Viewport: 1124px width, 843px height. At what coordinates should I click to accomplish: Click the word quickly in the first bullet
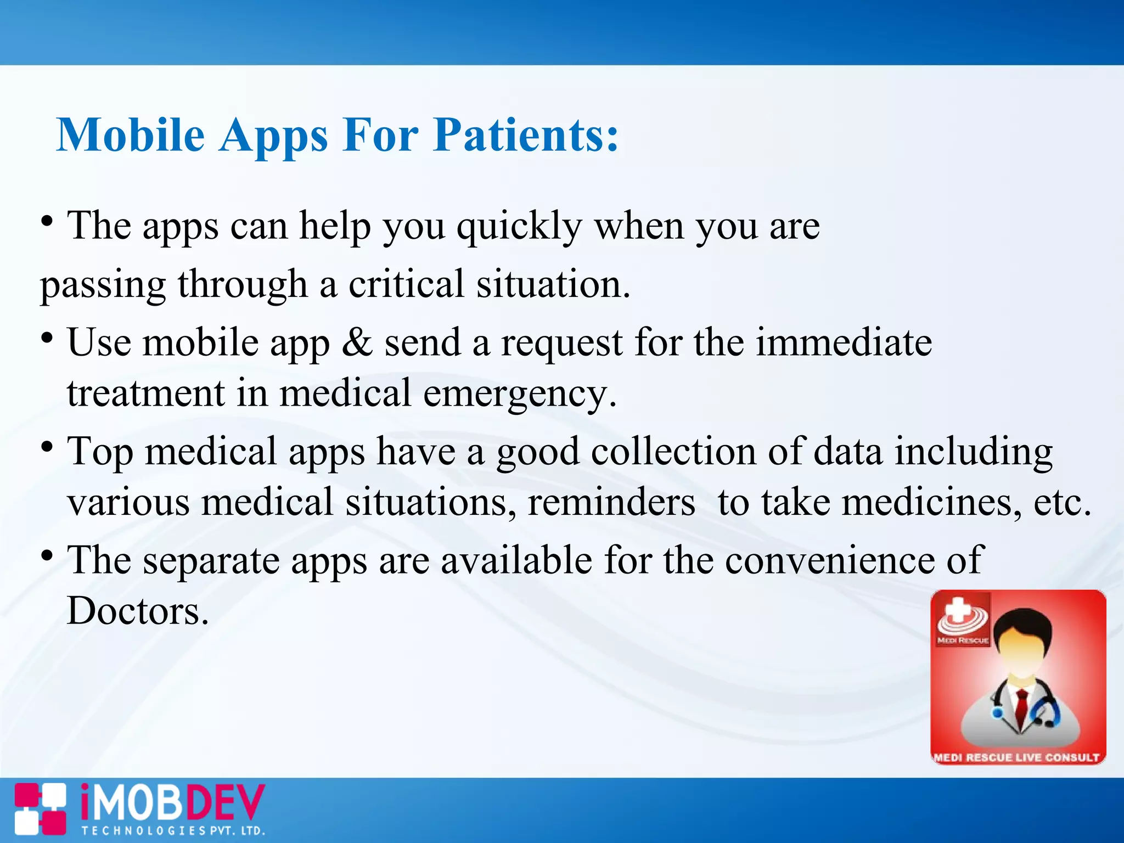click(519, 227)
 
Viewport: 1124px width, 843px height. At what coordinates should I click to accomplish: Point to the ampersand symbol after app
click(357, 342)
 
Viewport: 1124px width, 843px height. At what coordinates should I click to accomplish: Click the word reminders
click(611, 502)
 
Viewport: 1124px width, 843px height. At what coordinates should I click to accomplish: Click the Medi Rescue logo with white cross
click(962, 618)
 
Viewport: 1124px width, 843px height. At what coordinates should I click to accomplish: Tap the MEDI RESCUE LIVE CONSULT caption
click(1017, 757)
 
